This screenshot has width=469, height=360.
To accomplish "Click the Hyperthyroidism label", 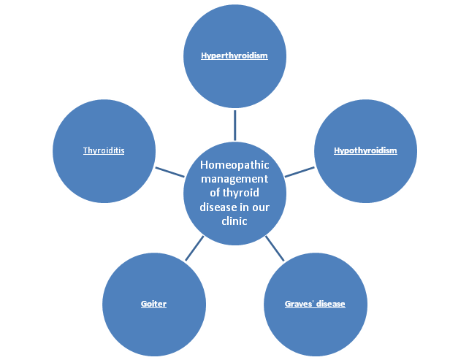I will (x=234, y=55).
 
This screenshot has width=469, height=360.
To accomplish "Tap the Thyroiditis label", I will (x=104, y=150).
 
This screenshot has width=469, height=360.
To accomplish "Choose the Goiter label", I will (x=154, y=303).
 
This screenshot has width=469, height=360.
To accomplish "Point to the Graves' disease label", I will (x=315, y=303).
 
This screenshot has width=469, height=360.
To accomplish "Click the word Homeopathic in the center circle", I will (x=234, y=165).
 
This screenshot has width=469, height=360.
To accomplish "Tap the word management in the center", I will (x=234, y=179).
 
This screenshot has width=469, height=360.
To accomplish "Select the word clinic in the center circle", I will (x=234, y=221).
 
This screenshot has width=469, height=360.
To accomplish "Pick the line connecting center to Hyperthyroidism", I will (x=234, y=125).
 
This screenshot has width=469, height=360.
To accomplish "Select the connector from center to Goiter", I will (x=194, y=248).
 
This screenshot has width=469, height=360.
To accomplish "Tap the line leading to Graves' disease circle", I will (x=275, y=248).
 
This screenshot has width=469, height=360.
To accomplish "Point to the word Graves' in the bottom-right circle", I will (x=298, y=303).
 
